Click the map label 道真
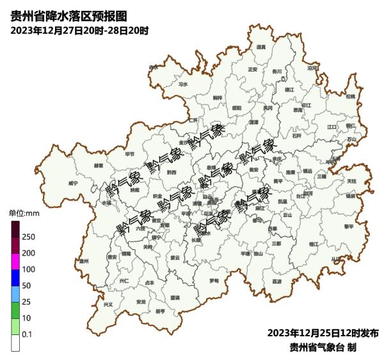[x=260, y=47]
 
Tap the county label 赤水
[x=153, y=67]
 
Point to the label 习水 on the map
[x=183, y=84]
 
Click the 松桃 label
[x=350, y=96]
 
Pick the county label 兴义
[x=108, y=304]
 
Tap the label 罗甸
[x=214, y=281]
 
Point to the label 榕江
[x=313, y=244]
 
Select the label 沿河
[x=312, y=67]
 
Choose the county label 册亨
[x=160, y=311]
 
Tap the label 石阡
[x=296, y=136]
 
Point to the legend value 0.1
[x=28, y=334]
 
